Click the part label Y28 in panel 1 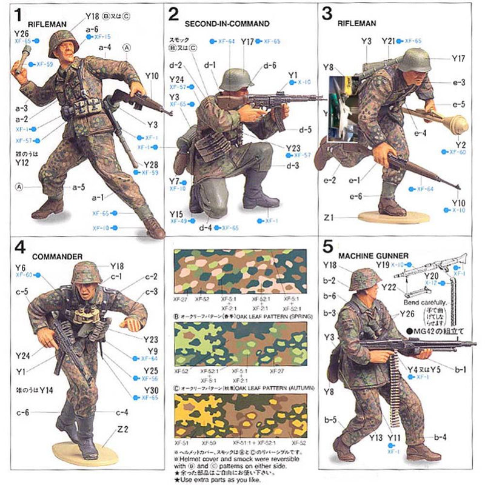click(x=150, y=165)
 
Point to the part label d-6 click(x=270, y=65)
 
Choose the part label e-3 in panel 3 click(x=458, y=82)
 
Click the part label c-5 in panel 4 click(x=22, y=292)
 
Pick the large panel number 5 click(x=328, y=247)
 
